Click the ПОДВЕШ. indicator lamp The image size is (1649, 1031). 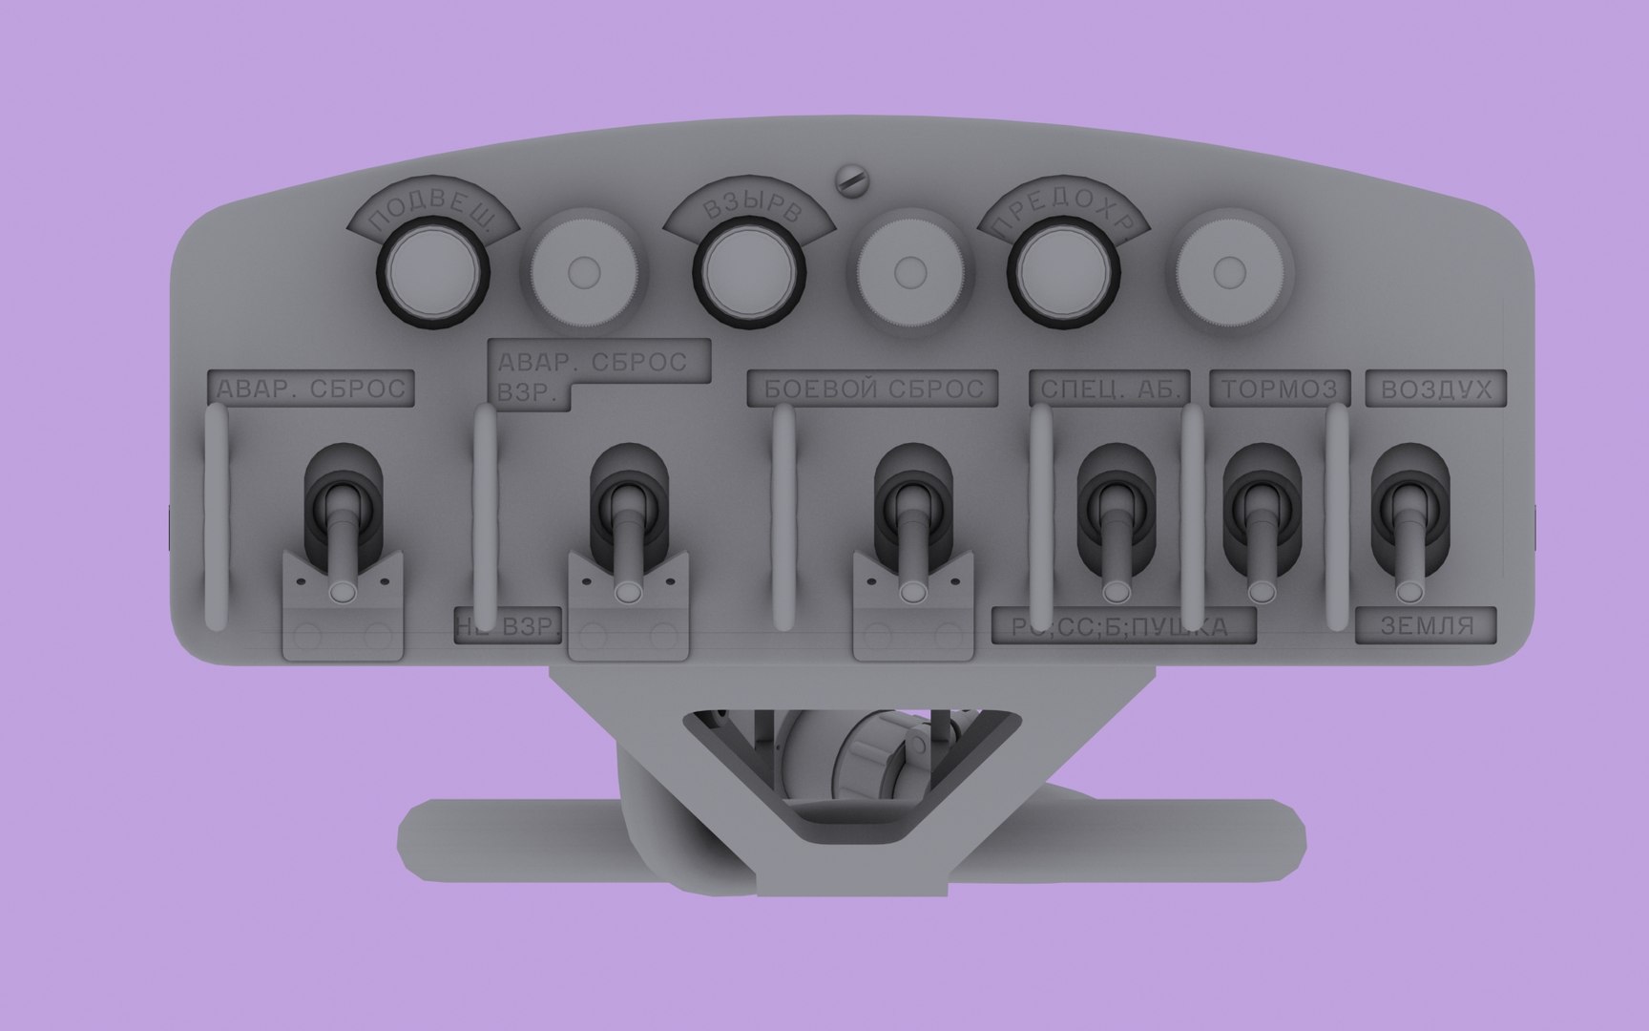pos(434,272)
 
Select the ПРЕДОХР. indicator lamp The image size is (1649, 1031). pos(1064,272)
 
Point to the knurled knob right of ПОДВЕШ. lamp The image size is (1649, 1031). pos(584,272)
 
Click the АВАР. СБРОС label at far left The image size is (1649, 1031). pos(311,389)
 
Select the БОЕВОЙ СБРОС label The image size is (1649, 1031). pos(873,389)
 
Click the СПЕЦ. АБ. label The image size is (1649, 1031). pos(1110,389)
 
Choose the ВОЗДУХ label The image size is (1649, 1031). pos(1435,389)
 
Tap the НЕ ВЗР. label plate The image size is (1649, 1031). pos(508,627)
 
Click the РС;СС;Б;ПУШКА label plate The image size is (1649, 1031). pos(1123,627)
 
